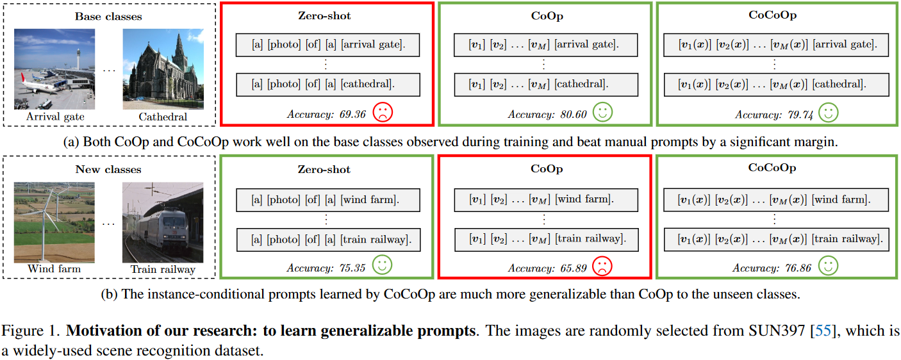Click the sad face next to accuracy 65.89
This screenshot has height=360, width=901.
[x=602, y=266]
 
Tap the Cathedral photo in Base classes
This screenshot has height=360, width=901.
[x=163, y=70]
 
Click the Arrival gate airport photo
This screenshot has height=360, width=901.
[x=55, y=70]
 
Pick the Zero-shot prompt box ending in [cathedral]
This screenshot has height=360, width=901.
[x=327, y=84]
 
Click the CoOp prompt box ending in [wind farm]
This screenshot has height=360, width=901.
[x=546, y=199]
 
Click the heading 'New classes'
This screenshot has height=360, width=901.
[x=108, y=170]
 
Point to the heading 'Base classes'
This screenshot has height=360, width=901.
[x=108, y=16]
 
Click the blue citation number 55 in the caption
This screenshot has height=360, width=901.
[x=820, y=332]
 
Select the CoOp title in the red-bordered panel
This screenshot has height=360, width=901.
[x=546, y=168]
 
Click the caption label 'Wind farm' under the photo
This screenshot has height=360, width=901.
[x=54, y=269]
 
